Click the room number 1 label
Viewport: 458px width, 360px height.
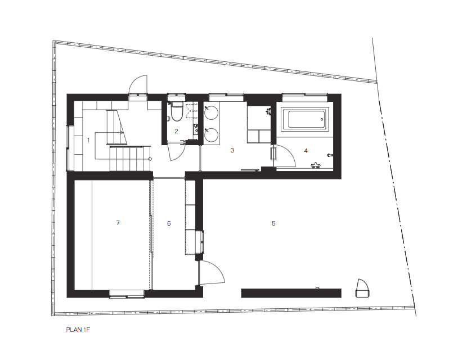pyautogui.click(x=88, y=141)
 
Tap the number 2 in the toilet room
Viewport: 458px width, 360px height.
pyautogui.click(x=177, y=131)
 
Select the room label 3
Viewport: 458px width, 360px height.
pyautogui.click(x=232, y=150)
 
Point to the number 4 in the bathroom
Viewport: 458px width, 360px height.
pyautogui.click(x=306, y=151)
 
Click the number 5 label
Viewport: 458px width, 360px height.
pyautogui.click(x=273, y=223)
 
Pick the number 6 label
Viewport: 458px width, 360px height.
pyautogui.click(x=169, y=223)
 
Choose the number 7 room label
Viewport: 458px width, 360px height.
pyautogui.click(x=118, y=223)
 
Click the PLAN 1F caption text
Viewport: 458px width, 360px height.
pyautogui.click(x=78, y=330)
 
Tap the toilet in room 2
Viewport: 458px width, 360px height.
pyautogui.click(x=177, y=112)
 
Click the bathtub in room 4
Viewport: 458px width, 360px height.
pyautogui.click(x=305, y=119)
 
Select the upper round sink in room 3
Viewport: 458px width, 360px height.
pyautogui.click(x=212, y=112)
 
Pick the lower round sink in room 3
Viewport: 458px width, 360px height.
pyautogui.click(x=212, y=135)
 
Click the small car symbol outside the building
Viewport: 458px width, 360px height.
pyautogui.click(x=362, y=288)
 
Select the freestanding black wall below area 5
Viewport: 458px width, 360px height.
pyautogui.click(x=291, y=293)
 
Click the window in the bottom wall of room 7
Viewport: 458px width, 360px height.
pyautogui.click(x=127, y=294)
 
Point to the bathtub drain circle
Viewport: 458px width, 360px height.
pyautogui.click(x=322, y=119)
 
